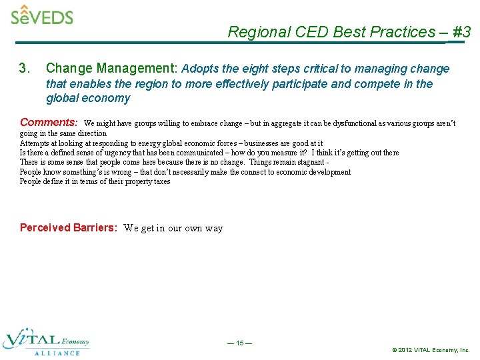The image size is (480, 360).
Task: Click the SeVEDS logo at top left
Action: click(x=41, y=15)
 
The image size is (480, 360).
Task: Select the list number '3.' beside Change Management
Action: click(x=25, y=69)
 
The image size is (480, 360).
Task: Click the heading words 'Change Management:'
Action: click(x=111, y=69)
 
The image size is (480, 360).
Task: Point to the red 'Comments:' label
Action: click(x=49, y=123)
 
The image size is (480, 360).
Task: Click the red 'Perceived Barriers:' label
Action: click(x=68, y=228)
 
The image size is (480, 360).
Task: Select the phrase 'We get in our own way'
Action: click(x=173, y=229)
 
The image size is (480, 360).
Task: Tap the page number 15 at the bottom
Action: click(x=239, y=343)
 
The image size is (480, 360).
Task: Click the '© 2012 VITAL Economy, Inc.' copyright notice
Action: click(x=431, y=349)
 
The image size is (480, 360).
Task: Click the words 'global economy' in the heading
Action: click(x=88, y=98)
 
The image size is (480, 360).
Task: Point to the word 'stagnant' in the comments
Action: click(x=309, y=162)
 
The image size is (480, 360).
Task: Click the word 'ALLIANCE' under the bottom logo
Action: click(x=57, y=353)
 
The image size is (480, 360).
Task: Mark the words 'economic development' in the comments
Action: click(x=313, y=172)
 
